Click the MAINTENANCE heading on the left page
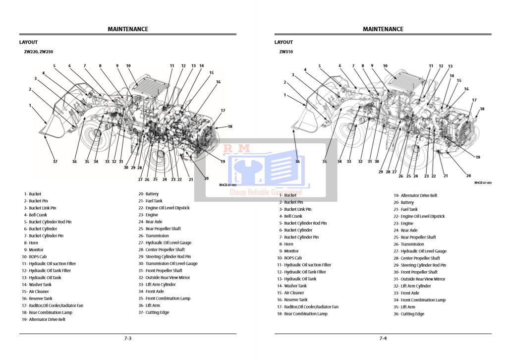(128, 29)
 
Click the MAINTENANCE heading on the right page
(383, 29)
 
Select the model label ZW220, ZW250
(39, 52)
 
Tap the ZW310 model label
(286, 52)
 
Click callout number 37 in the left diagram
(55, 161)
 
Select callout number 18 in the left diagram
(230, 126)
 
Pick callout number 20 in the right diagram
(468, 175)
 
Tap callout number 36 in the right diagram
(297, 161)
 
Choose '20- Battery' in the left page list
(149, 194)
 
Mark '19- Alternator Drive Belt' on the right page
(415, 195)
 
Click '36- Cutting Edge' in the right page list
(409, 314)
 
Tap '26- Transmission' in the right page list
(409, 244)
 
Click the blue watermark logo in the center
(265, 171)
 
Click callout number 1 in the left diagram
(30, 106)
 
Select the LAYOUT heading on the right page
(283, 42)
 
